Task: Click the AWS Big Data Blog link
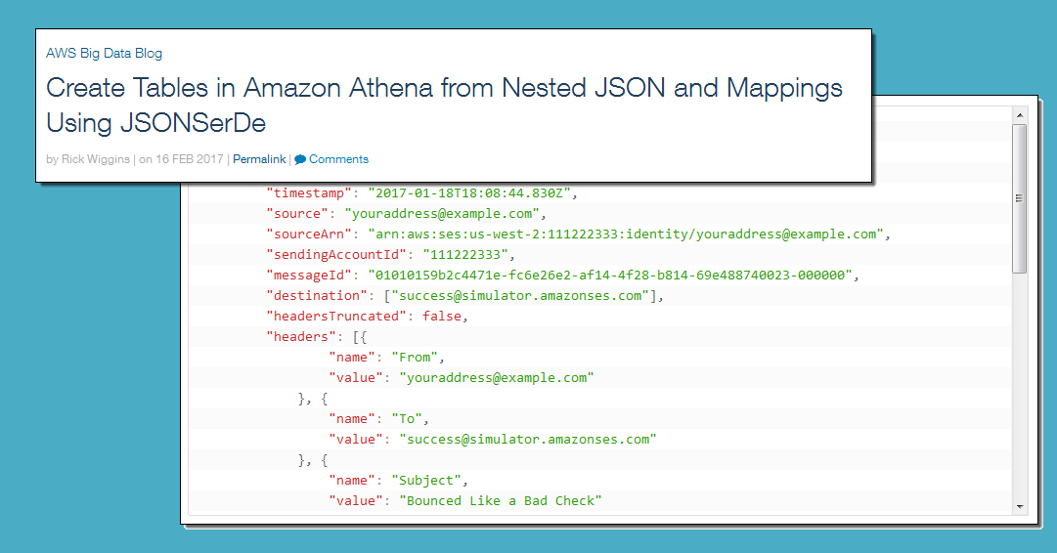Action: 104,54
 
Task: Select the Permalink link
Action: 259,159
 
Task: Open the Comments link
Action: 338,159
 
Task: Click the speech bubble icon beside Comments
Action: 300,159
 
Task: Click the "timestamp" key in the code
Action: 301,193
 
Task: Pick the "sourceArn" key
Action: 305,234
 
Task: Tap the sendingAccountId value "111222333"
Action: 465,255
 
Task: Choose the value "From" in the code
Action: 415,358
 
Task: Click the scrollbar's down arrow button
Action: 1020,507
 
